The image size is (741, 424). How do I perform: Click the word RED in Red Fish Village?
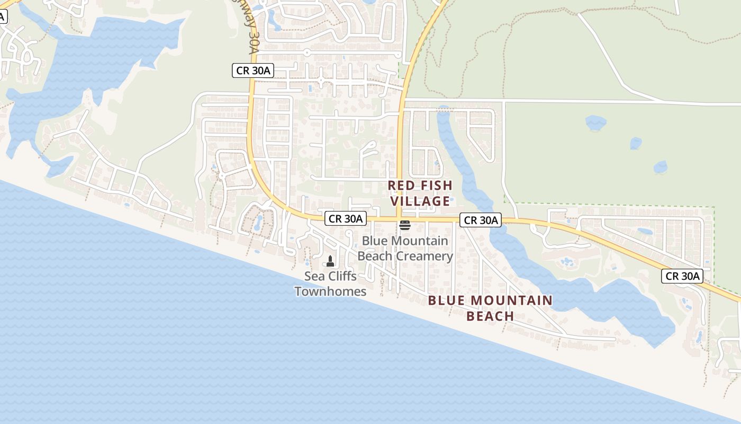point(401,185)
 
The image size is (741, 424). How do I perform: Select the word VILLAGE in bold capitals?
point(420,201)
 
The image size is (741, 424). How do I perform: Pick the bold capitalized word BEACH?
point(490,316)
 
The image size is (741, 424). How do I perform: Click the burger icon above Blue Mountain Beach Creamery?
point(405,225)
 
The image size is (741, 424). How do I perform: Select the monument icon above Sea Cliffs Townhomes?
point(330,261)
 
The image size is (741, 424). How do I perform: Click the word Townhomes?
point(330,291)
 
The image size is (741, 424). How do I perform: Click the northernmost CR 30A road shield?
point(252,70)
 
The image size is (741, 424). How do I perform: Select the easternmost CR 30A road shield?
point(682,276)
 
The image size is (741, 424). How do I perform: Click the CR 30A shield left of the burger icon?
point(345,218)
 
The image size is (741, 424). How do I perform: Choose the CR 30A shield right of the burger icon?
point(480,220)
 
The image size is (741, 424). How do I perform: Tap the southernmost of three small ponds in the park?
point(660,167)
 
